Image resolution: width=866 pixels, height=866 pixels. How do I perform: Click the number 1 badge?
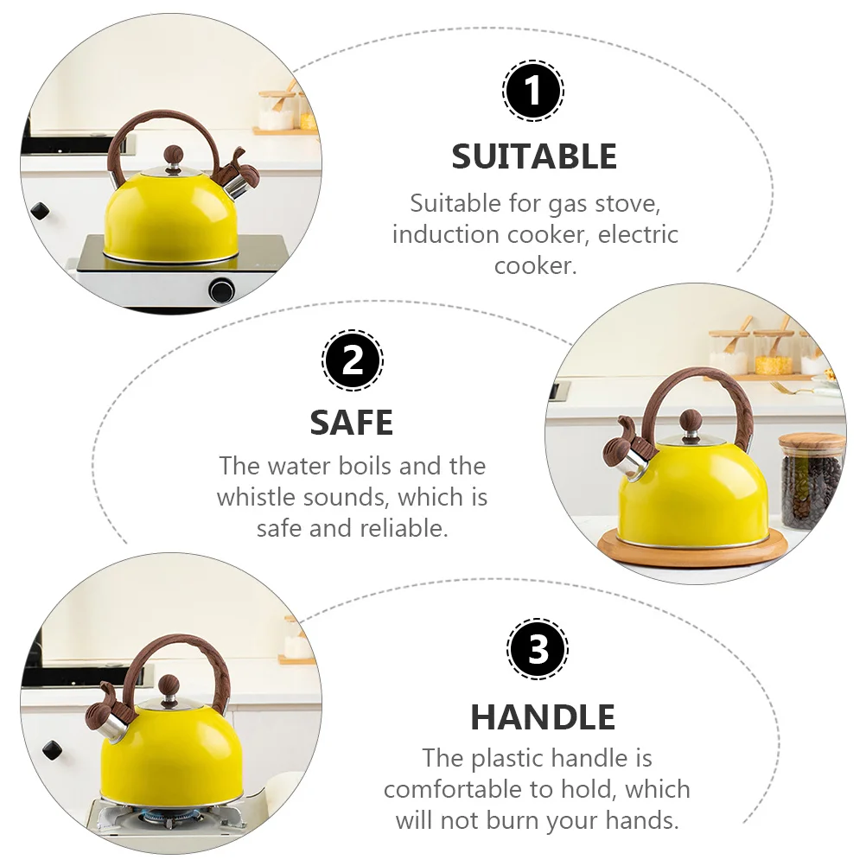pyautogui.click(x=533, y=90)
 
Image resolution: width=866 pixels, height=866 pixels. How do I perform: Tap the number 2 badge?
pyautogui.click(x=353, y=360)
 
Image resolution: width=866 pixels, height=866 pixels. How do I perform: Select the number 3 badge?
pyautogui.click(x=538, y=649)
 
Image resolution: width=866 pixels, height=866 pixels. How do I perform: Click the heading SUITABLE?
pyautogui.click(x=534, y=156)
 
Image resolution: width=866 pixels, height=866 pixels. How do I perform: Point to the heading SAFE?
pyautogui.click(x=352, y=423)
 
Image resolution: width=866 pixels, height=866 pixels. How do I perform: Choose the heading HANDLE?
pyautogui.click(x=543, y=717)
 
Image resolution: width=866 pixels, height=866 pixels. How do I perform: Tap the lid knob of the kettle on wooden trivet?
pyautogui.click(x=691, y=422)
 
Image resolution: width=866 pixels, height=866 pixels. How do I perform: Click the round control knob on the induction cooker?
pyautogui.click(x=221, y=290)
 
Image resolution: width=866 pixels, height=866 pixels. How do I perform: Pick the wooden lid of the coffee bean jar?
pyautogui.click(x=812, y=443)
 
